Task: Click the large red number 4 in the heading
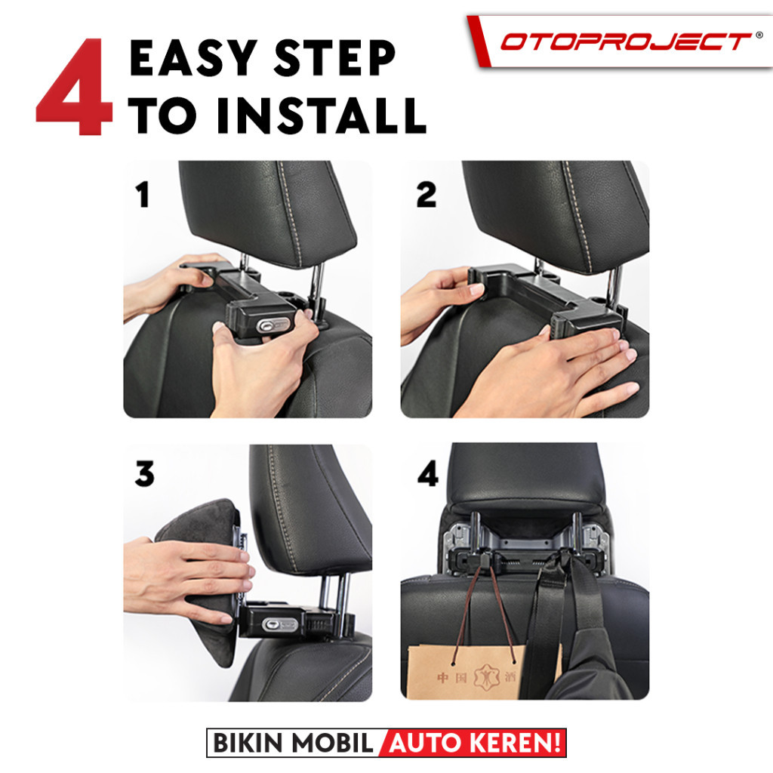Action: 75,88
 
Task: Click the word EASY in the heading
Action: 192,57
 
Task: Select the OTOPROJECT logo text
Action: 626,42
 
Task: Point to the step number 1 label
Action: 143,194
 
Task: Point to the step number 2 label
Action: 427,194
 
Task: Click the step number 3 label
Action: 144,474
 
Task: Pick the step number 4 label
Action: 428,474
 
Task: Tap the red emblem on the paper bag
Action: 486,676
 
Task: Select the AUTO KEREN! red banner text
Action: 475,743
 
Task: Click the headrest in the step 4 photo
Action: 525,478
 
